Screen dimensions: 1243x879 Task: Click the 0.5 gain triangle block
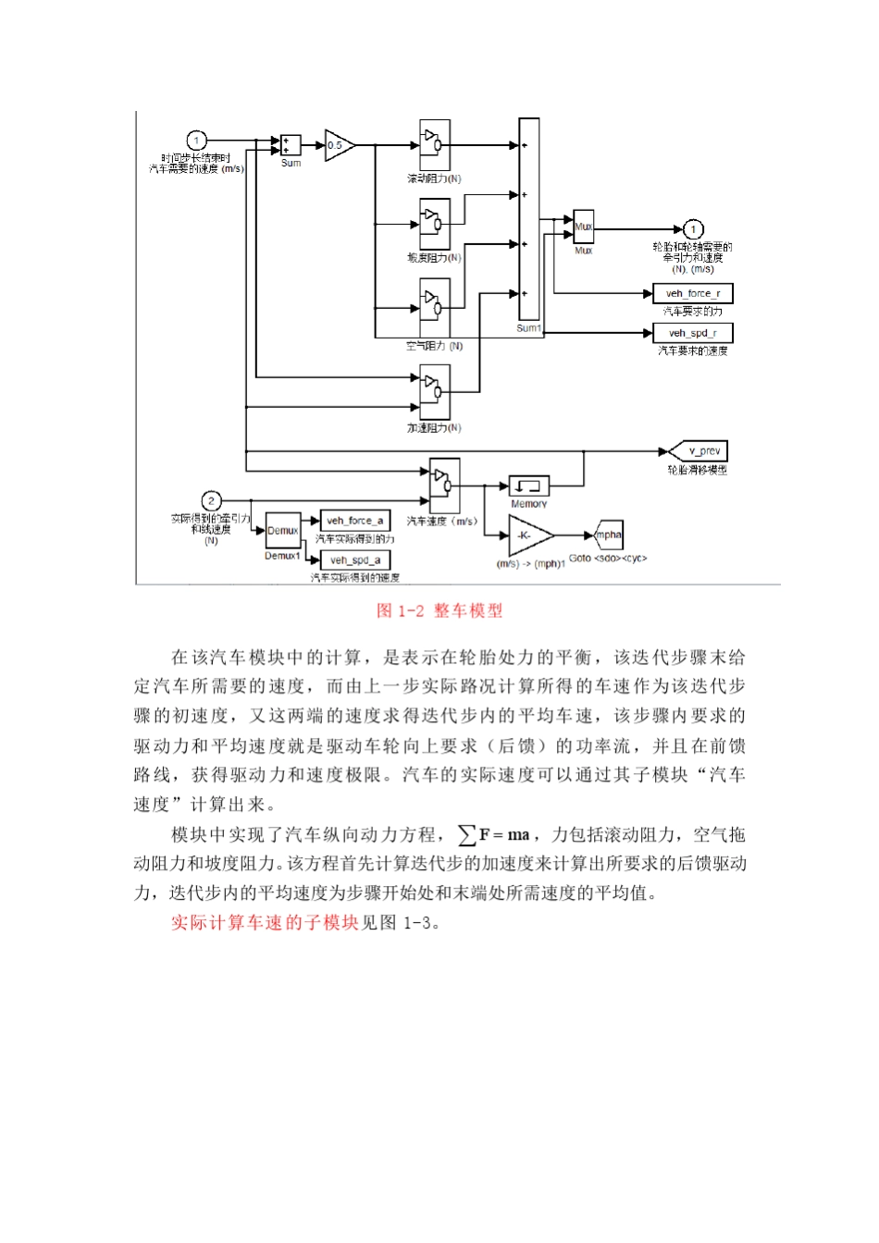click(338, 145)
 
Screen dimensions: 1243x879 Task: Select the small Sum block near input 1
click(291, 145)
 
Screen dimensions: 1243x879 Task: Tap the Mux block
click(583, 227)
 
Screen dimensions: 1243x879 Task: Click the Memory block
click(529, 486)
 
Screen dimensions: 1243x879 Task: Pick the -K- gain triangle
click(529, 535)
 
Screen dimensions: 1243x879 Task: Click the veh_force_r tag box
click(693, 293)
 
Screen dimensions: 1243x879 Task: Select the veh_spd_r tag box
click(693, 333)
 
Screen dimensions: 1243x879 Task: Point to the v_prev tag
click(701, 451)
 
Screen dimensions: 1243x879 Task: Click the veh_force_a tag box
click(354, 521)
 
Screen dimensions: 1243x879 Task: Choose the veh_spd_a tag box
click(353, 560)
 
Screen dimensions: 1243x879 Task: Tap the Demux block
click(282, 531)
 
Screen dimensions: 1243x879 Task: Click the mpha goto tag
click(609, 535)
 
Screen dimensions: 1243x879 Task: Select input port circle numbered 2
click(211, 501)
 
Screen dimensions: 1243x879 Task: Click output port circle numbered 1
click(693, 229)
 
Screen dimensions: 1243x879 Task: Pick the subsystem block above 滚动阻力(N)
click(435, 144)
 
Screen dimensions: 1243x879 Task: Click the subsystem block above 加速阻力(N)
click(435, 391)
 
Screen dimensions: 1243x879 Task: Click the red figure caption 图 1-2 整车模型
click(439, 610)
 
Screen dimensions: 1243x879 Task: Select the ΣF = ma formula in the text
click(494, 835)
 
